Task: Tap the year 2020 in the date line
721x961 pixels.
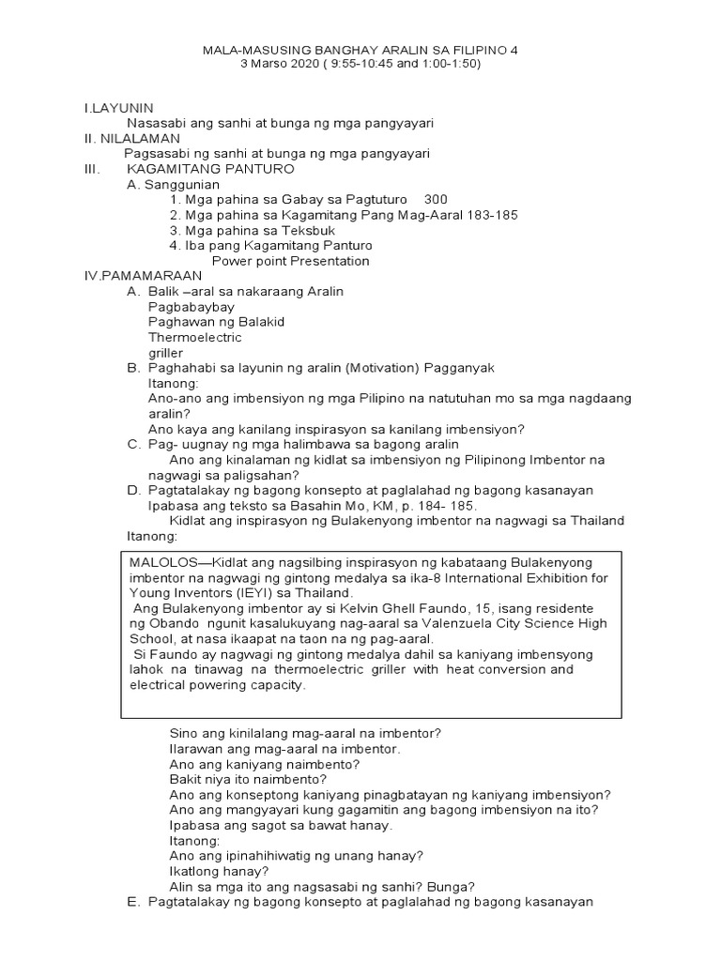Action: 316,64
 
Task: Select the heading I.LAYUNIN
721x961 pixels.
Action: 118,109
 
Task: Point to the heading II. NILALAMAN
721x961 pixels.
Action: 132,139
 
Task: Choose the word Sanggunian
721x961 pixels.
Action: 181,185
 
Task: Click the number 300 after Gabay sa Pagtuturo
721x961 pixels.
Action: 436,200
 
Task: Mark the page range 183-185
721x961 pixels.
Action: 492,215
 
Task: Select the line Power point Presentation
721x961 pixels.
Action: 290,261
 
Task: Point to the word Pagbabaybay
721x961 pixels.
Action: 192,307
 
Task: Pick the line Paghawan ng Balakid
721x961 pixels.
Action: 216,322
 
